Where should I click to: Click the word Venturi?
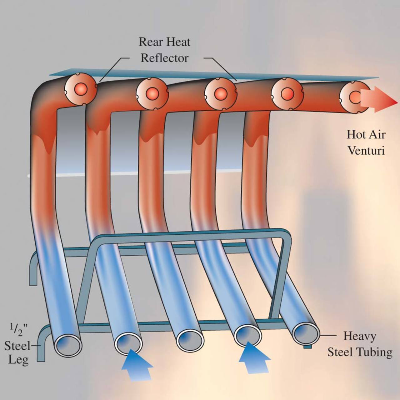pos(366,151)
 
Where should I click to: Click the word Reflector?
pos(164,58)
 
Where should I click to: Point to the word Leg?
pos(18,360)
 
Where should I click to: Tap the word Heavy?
pos(360,336)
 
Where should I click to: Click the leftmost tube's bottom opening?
pos(68,345)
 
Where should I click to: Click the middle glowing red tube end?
pos(220,93)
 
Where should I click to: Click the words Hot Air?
pos(366,135)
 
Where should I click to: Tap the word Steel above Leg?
pos(17,346)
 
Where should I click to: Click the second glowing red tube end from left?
pos(152,93)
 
